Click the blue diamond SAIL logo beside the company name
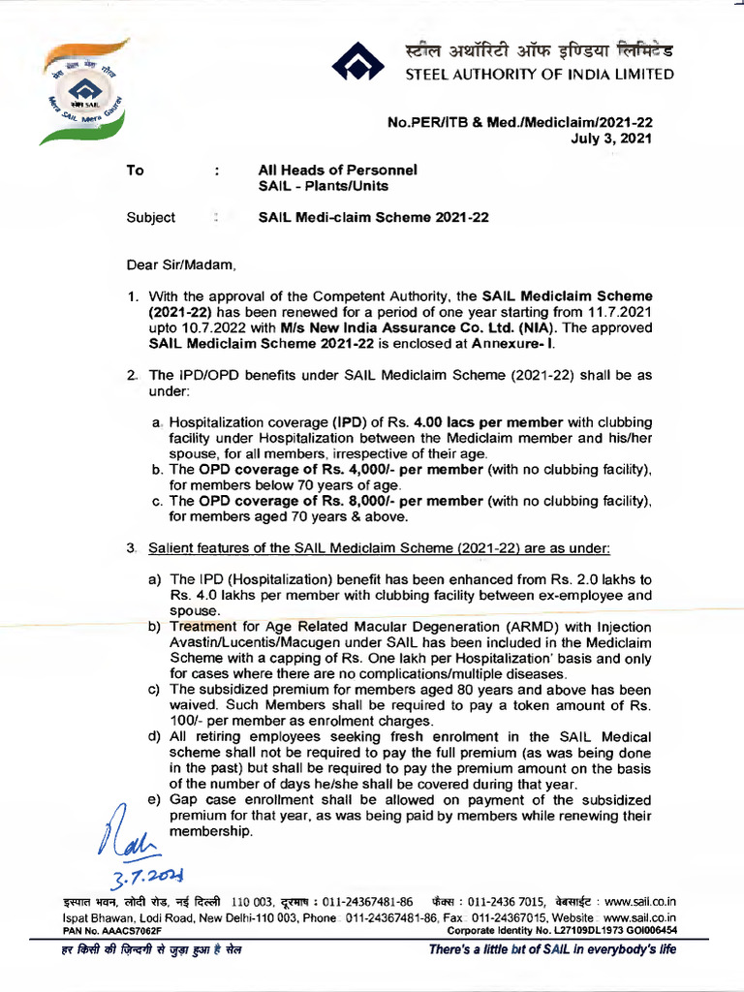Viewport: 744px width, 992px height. click(x=357, y=64)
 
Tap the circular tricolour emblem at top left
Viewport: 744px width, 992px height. click(x=85, y=91)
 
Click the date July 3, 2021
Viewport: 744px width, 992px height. click(x=613, y=139)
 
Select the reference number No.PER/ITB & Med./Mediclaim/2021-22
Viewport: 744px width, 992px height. click(x=519, y=122)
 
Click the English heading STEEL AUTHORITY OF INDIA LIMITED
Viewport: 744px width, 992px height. click(x=539, y=75)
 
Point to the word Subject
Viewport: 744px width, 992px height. click(x=151, y=217)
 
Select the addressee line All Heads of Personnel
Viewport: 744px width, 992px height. click(x=337, y=170)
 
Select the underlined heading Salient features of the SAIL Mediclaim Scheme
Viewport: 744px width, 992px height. click(x=378, y=548)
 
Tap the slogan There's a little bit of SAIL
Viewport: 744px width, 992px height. click(x=552, y=949)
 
